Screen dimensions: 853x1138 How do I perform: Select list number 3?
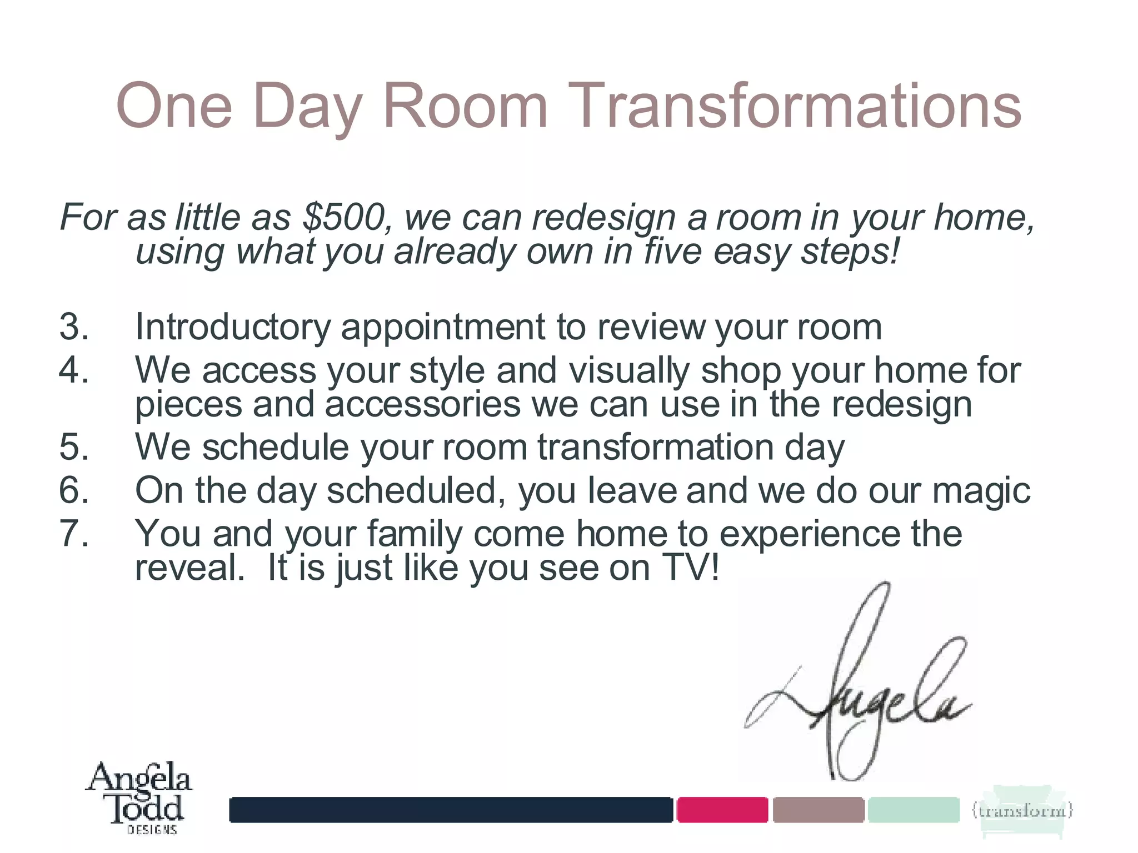coord(74,327)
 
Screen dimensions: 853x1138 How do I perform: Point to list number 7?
coord(74,533)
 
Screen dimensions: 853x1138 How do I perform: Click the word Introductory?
coord(233,327)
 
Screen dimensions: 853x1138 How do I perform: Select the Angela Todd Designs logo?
coord(139,797)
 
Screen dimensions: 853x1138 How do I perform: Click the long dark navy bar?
coord(451,810)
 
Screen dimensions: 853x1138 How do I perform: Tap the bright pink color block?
coord(722,810)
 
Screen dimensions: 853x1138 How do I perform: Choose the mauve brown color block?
coord(818,810)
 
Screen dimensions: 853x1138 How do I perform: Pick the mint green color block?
coord(913,810)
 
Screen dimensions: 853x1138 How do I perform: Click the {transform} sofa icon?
coord(1021,811)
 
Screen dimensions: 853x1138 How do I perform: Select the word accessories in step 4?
coord(422,404)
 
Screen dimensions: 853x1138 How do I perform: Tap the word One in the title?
coord(173,106)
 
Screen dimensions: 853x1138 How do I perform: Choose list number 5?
coord(74,447)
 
